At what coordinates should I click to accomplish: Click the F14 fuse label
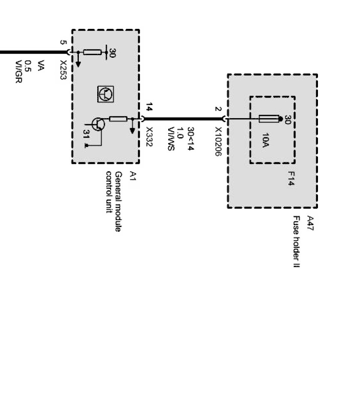click(291, 180)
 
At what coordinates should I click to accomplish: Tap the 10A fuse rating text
click(265, 141)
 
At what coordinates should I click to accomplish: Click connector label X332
click(149, 137)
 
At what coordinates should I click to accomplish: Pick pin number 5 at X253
click(63, 42)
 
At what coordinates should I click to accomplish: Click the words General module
click(118, 202)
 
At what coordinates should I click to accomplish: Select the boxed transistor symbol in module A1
click(105, 94)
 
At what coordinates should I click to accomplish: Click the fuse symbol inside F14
click(269, 119)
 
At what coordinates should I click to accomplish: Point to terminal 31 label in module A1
click(86, 134)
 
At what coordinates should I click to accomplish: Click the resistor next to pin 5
click(92, 52)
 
